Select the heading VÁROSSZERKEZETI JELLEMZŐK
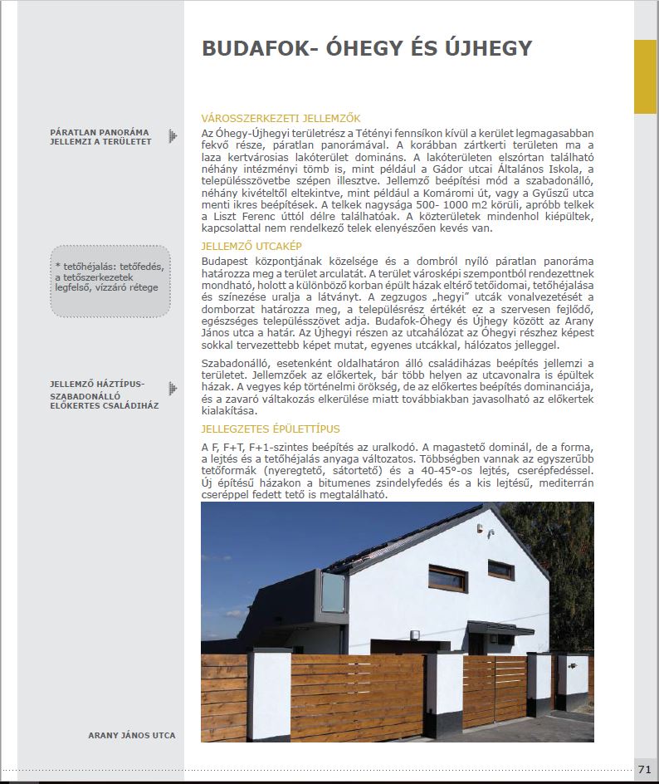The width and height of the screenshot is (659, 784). [x=281, y=118]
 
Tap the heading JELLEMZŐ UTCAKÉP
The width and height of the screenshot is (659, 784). [x=251, y=247]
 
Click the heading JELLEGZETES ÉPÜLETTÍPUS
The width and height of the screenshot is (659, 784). [x=271, y=429]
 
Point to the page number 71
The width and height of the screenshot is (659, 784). [x=645, y=769]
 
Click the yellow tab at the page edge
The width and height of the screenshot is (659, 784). [x=645, y=76]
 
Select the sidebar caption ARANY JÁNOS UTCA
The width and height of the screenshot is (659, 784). [x=132, y=735]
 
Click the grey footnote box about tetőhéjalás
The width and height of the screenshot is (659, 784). [x=110, y=281]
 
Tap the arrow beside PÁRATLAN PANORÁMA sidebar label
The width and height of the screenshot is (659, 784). [x=172, y=135]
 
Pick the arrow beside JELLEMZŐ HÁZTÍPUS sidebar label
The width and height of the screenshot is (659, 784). [x=172, y=388]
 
